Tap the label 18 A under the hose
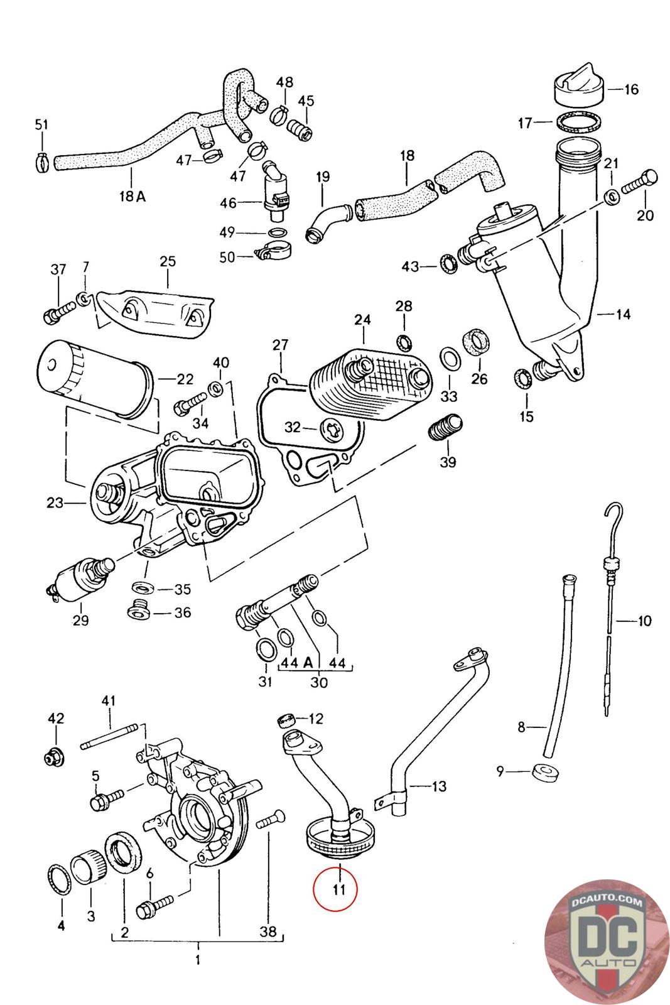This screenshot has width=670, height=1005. coord(132,196)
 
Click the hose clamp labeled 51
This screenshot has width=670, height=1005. coord(42,162)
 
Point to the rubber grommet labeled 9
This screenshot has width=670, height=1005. coord(544,772)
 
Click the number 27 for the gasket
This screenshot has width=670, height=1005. coord(280,345)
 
